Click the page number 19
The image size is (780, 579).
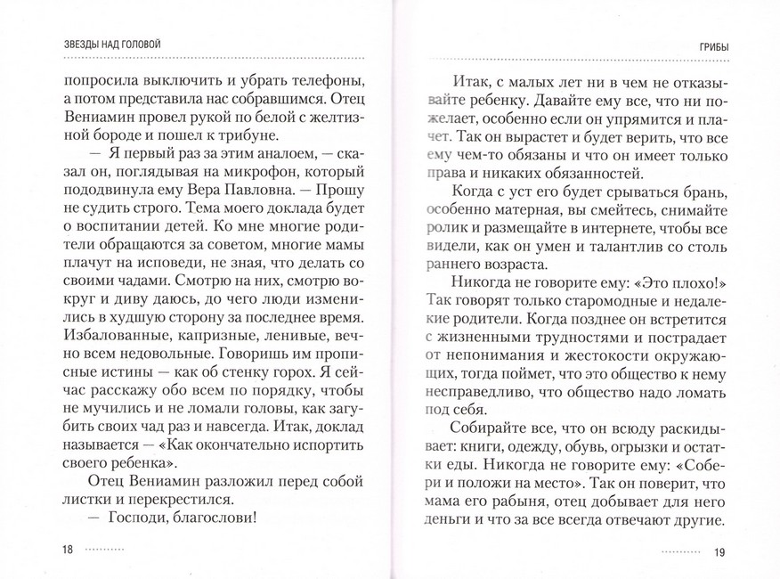point(720,551)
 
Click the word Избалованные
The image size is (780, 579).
point(118,340)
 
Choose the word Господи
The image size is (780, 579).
point(141,519)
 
